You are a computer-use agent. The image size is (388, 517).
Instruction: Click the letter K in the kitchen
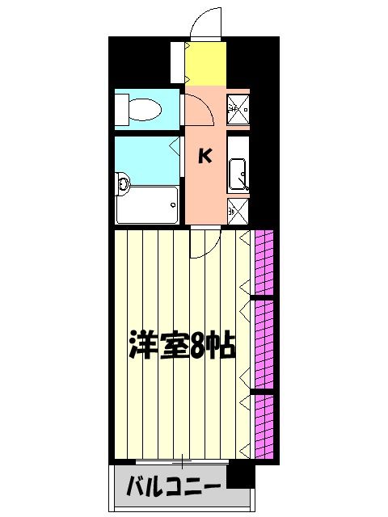pyautogui.click(x=205, y=157)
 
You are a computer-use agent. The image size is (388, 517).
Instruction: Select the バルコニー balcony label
pyautogui.click(x=174, y=486)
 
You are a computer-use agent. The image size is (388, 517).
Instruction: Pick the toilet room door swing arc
pyautogui.click(x=200, y=111)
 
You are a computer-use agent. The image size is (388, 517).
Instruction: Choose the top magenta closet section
pyautogui.click(x=264, y=263)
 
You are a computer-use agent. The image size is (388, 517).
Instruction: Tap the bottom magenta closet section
pyautogui.click(x=264, y=425)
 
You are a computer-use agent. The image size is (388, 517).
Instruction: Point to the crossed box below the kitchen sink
pyautogui.click(x=237, y=212)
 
